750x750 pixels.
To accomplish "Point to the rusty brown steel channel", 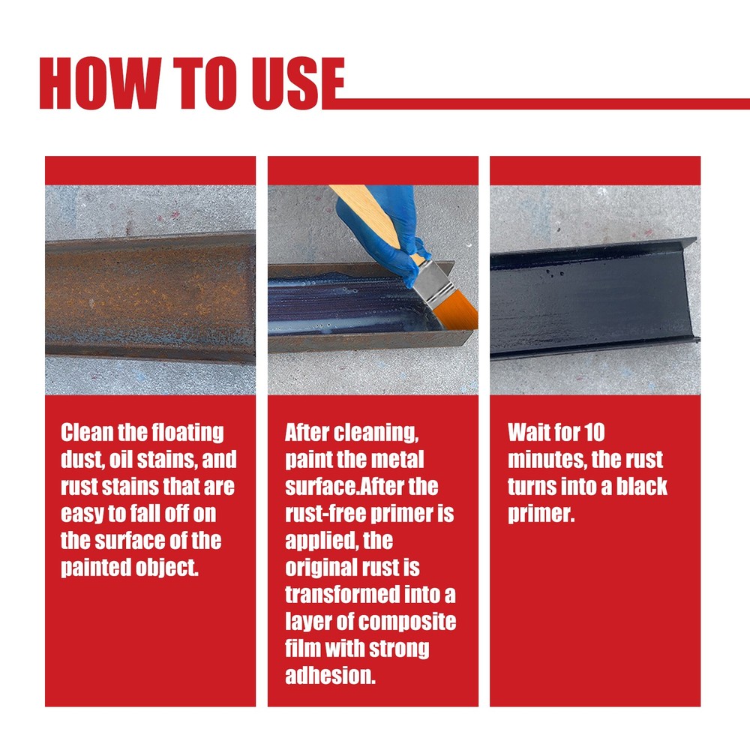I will coord(150,296).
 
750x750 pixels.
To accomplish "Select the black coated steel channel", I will coord(592,296).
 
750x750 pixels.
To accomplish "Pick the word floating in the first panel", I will coord(188,433).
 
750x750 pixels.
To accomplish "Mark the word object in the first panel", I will coord(164,568).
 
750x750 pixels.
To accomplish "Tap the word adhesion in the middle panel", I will coord(328,676).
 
